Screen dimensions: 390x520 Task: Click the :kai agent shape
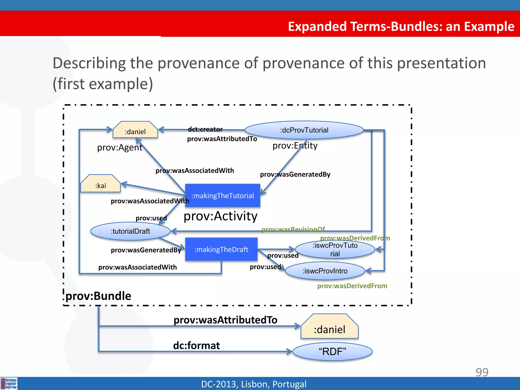click(101, 184)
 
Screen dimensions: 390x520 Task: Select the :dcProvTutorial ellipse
click(304, 130)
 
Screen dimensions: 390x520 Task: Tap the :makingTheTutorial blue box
click(223, 196)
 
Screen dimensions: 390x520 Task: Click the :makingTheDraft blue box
click(221, 249)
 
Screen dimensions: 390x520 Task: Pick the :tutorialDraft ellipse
click(130, 231)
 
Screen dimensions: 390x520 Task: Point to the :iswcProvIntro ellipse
click(325, 271)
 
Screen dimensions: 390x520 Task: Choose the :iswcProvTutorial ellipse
click(335, 249)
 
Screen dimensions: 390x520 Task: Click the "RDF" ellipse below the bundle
click(332, 352)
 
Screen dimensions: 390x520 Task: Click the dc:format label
click(196, 346)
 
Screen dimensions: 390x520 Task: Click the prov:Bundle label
click(99, 296)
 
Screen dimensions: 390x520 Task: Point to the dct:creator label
click(205, 129)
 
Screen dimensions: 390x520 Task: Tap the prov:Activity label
click(220, 216)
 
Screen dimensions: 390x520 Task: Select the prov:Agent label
click(120, 148)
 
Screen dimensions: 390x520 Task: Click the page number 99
click(482, 372)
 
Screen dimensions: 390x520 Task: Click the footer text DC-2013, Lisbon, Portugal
click(254, 384)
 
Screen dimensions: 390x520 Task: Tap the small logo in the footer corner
click(9, 383)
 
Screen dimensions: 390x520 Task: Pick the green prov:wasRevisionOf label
click(293, 229)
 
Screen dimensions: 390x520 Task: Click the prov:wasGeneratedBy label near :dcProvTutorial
click(295, 174)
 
